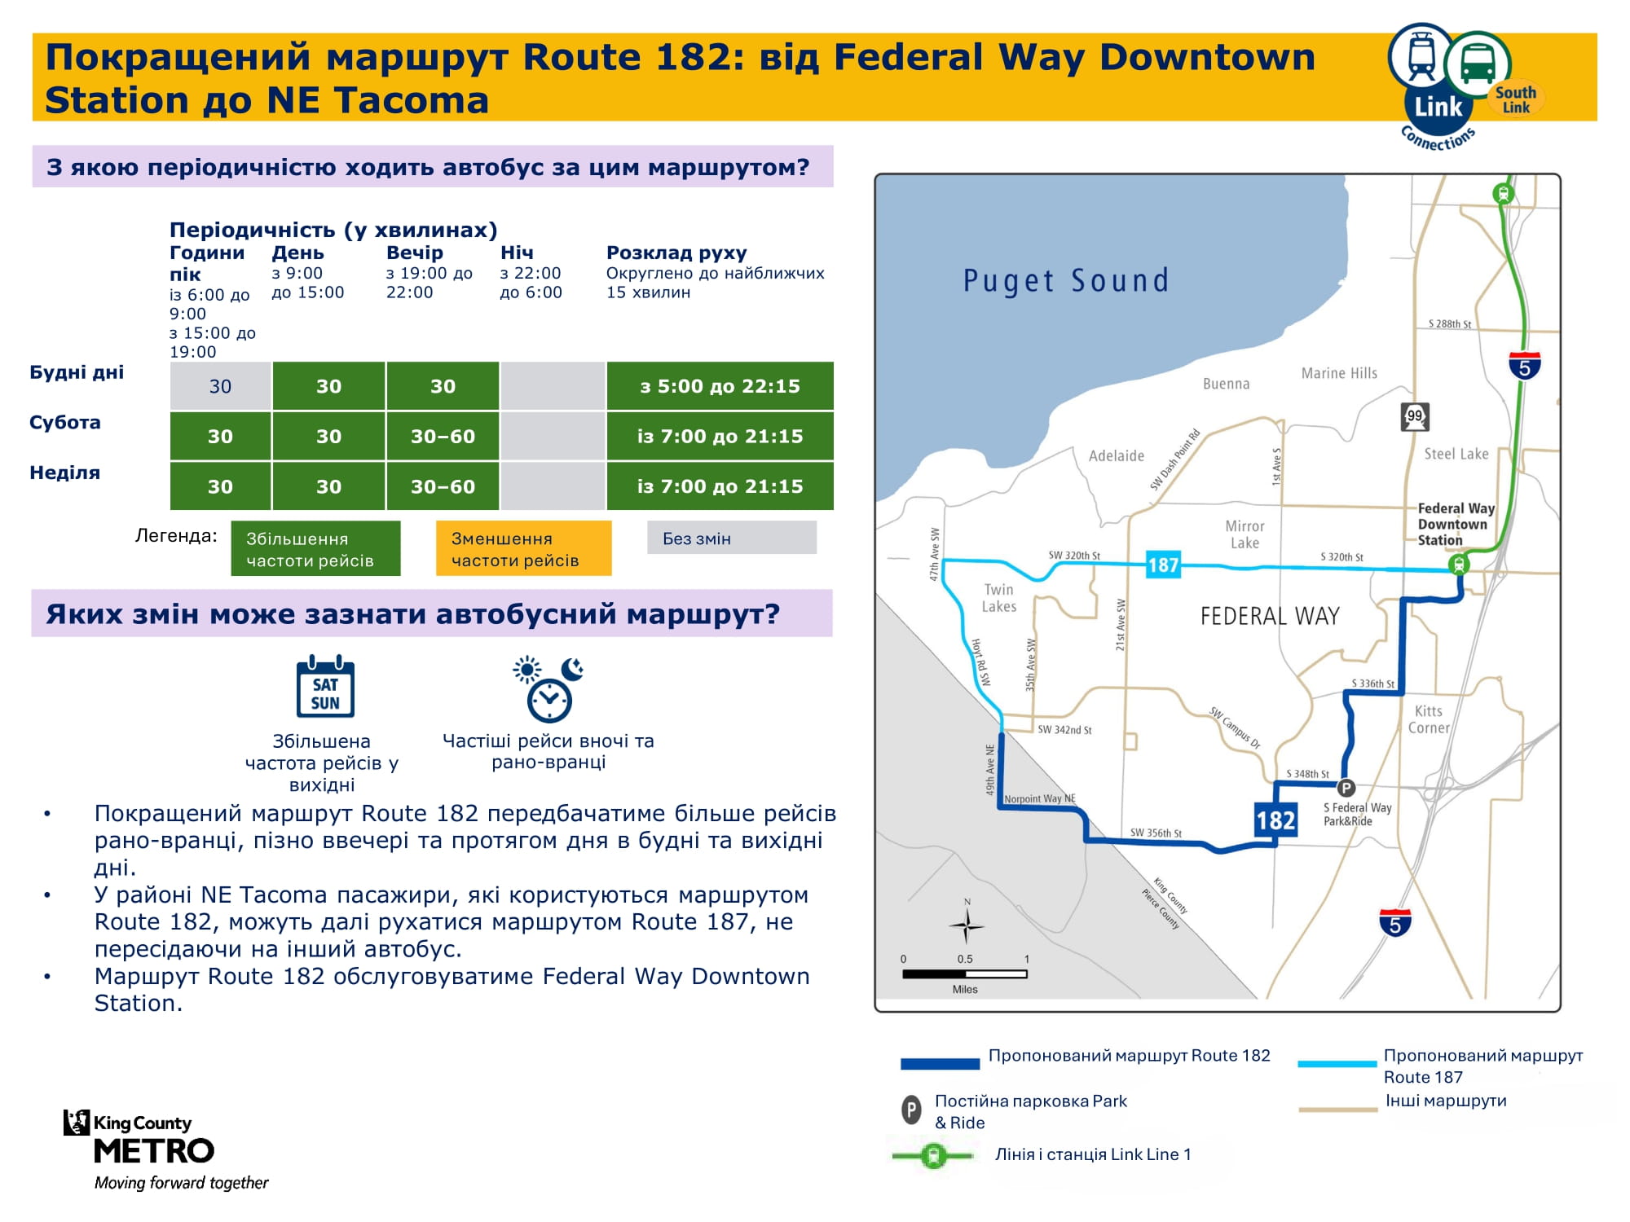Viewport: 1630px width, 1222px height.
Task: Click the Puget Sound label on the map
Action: click(1066, 281)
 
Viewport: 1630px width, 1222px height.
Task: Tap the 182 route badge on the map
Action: click(1275, 819)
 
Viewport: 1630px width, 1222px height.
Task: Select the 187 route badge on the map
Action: click(1163, 565)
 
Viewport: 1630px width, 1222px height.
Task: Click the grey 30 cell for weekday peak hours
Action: click(220, 386)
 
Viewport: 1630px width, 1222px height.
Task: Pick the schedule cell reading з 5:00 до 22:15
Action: click(720, 386)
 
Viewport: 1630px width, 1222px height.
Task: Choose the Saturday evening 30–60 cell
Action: click(443, 437)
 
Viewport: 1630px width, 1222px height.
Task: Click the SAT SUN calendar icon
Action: click(325, 686)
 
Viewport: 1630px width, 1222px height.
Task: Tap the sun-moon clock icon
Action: click(548, 689)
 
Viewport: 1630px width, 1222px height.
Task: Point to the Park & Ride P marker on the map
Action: click(1346, 788)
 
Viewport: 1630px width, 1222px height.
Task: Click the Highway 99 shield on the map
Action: click(1415, 416)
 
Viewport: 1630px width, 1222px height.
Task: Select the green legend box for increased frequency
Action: click(315, 548)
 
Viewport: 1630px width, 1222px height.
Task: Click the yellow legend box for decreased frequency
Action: click(523, 548)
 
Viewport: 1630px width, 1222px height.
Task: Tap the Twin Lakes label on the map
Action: click(999, 598)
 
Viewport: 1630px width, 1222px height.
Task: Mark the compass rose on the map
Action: click(967, 925)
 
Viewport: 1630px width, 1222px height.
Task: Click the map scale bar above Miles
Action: click(965, 974)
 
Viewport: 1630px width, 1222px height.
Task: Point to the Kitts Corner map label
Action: click(1429, 719)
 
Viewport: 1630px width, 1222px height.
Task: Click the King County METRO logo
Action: click(155, 1149)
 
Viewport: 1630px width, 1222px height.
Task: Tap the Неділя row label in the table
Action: click(64, 473)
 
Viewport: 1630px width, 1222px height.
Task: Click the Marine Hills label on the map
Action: click(1339, 373)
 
